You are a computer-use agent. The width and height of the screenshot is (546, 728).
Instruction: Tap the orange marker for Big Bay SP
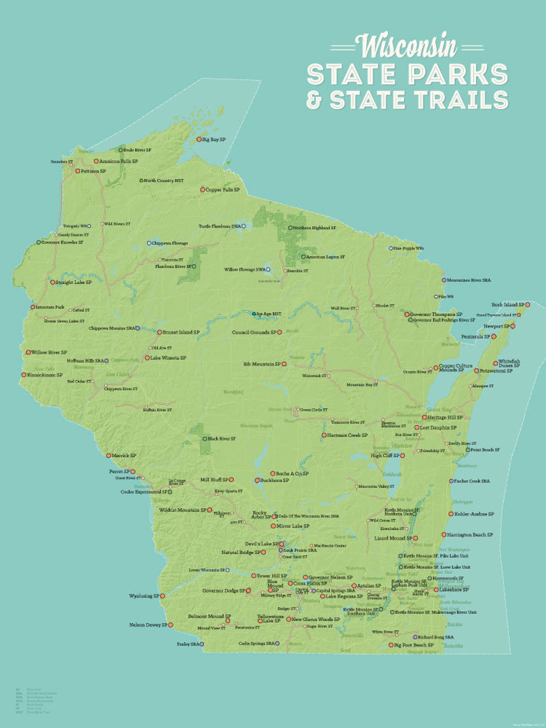[199, 140]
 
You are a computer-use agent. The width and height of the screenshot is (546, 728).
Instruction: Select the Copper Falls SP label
[222, 189]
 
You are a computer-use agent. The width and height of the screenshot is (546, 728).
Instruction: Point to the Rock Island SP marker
[528, 305]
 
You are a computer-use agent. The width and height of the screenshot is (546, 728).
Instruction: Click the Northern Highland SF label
[314, 228]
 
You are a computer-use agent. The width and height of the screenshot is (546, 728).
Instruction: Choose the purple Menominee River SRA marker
[444, 280]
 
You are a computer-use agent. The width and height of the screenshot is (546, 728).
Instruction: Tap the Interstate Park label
[50, 307]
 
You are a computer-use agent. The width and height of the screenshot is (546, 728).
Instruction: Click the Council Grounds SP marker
[280, 332]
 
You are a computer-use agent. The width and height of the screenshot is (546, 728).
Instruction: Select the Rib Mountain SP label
[262, 364]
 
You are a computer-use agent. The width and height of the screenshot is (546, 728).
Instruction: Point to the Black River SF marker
[205, 439]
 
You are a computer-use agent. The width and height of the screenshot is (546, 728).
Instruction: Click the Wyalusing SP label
[144, 596]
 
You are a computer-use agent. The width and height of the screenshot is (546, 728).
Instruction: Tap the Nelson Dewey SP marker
[171, 625]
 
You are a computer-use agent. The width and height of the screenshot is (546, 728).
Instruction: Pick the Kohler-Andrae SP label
[474, 514]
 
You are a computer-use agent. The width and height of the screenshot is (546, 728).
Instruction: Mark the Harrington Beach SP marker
[444, 535]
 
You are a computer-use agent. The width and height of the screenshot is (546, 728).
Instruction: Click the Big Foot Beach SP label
[414, 645]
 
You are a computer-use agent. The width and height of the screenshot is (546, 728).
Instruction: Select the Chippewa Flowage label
[170, 243]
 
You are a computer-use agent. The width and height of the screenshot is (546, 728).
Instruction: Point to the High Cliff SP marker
[402, 455]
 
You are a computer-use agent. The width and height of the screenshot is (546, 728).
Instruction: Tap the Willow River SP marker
[29, 352]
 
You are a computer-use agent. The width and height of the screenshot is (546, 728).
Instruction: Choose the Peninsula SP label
[476, 337]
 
